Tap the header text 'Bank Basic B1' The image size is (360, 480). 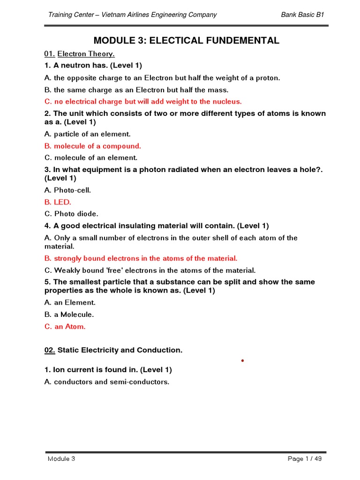(302, 15)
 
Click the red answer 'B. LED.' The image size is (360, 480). (58, 202)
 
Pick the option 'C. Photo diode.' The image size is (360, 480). (71, 214)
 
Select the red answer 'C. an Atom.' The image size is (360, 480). (65, 327)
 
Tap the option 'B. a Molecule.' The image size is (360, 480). (69, 315)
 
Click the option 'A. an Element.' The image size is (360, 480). (70, 302)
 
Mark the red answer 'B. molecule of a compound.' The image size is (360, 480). (93, 146)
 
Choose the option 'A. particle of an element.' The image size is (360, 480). (87, 134)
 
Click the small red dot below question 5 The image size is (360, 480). (243, 360)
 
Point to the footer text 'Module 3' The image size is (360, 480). (61, 458)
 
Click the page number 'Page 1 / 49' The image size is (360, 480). (305, 458)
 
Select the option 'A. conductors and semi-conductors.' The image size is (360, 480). (106, 382)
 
